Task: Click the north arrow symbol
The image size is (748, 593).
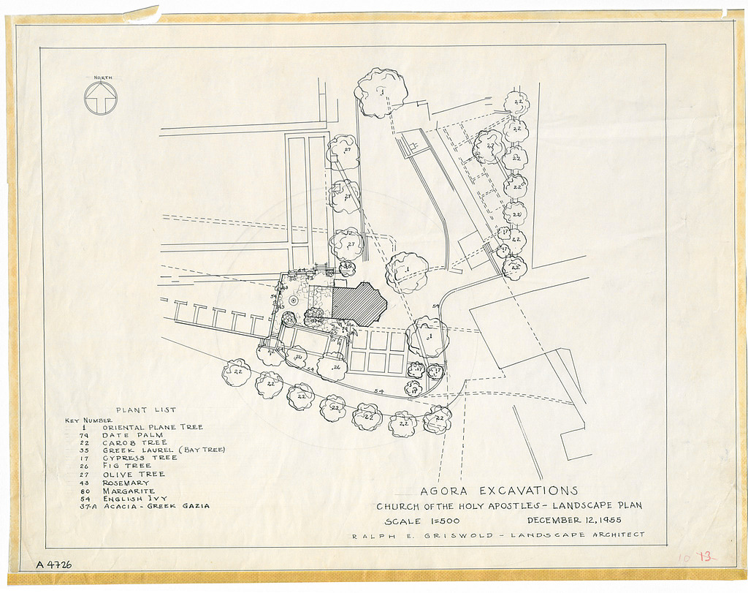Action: click(x=101, y=97)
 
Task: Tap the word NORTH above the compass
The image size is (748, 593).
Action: click(x=101, y=77)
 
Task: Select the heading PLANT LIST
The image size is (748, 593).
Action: click(x=145, y=410)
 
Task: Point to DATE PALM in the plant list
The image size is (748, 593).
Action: click(x=134, y=434)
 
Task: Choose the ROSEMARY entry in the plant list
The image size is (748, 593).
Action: click(x=126, y=483)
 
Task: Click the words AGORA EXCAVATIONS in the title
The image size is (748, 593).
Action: click(x=499, y=491)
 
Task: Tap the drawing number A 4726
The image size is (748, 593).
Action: click(x=54, y=564)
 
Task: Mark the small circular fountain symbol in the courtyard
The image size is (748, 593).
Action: click(x=292, y=300)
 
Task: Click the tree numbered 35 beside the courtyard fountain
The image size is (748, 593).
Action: click(x=289, y=319)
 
